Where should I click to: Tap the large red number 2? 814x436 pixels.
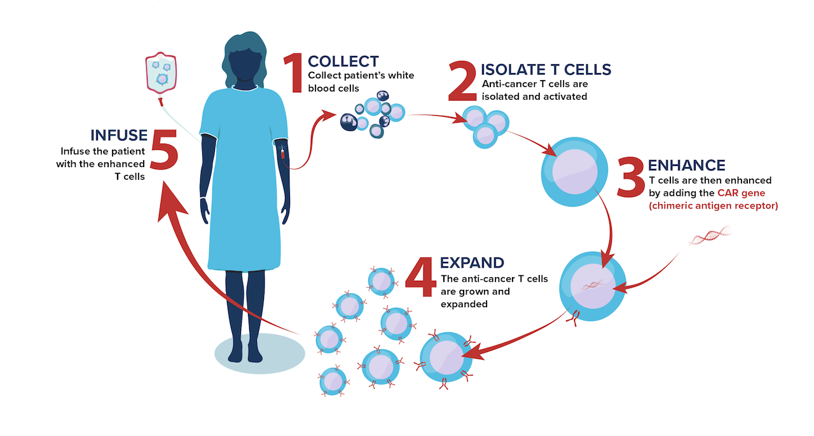[462, 81]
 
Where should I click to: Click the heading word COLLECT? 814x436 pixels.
[343, 62]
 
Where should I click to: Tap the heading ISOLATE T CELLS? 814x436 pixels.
[546, 69]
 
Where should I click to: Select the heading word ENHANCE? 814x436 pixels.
[686, 165]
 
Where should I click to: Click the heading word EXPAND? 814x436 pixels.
[472, 262]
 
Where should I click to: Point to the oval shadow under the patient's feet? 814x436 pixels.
[259, 353]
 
